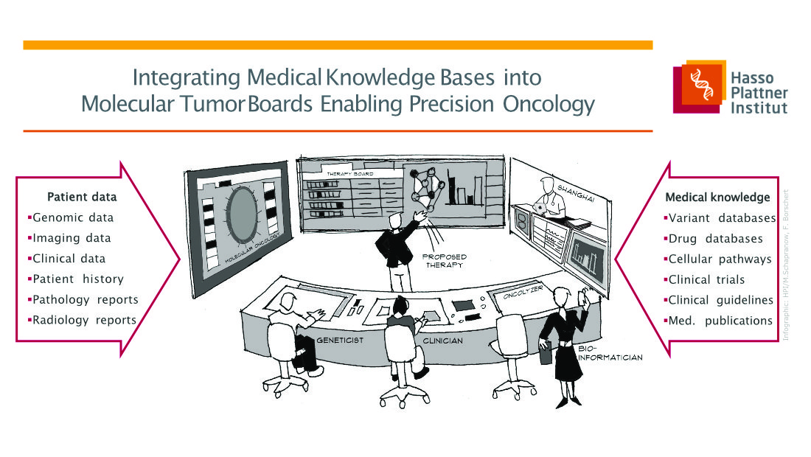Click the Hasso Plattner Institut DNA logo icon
coord(699,86)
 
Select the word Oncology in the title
coord(549,105)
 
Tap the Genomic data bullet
coord(71,217)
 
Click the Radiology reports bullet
coord(83,320)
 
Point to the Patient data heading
coord(82,197)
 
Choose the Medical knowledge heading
coord(717,197)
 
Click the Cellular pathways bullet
coord(717,259)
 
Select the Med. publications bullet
coord(718,321)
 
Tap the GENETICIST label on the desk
coord(340,340)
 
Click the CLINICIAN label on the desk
coord(443,341)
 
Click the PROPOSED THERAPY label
coord(445,260)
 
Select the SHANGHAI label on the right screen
coord(576,194)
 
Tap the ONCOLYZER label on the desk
coord(523,292)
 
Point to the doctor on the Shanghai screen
coord(550,198)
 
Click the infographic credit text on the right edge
coord(786,265)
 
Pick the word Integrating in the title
coord(187,78)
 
